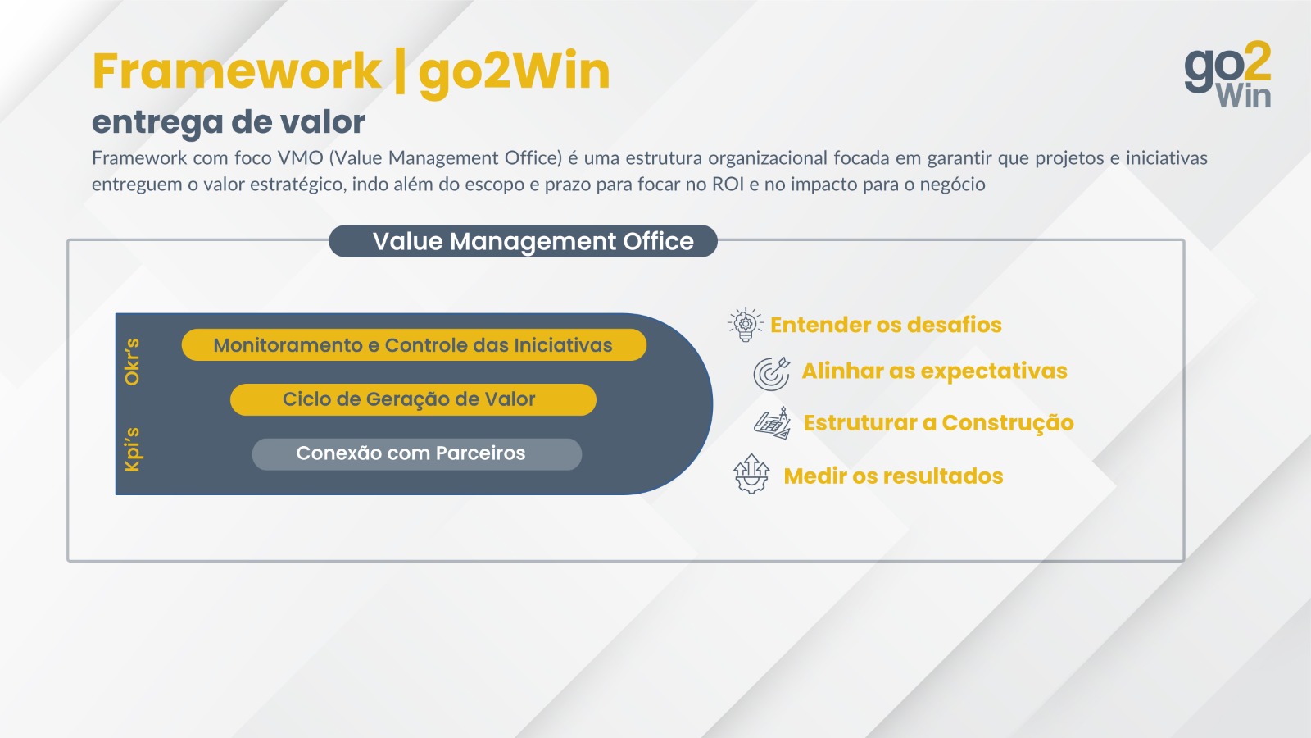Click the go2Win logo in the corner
tap(1228, 74)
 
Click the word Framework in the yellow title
tap(237, 71)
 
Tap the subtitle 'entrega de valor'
tap(229, 122)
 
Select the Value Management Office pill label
tap(524, 241)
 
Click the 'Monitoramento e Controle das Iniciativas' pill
tap(414, 345)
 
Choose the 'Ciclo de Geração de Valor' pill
tap(413, 399)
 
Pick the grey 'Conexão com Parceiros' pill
tap(417, 454)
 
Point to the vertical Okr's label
tap(132, 362)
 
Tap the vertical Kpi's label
tap(132, 449)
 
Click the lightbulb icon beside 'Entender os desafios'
tap(745, 324)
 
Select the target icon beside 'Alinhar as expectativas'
tap(771, 374)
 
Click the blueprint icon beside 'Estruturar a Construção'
tap(773, 423)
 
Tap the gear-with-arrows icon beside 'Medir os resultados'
tap(751, 474)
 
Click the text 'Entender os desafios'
tap(886, 325)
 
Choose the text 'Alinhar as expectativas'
tap(934, 371)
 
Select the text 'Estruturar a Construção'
tap(938, 423)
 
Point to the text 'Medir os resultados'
tap(893, 476)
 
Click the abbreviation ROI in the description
tap(728, 184)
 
